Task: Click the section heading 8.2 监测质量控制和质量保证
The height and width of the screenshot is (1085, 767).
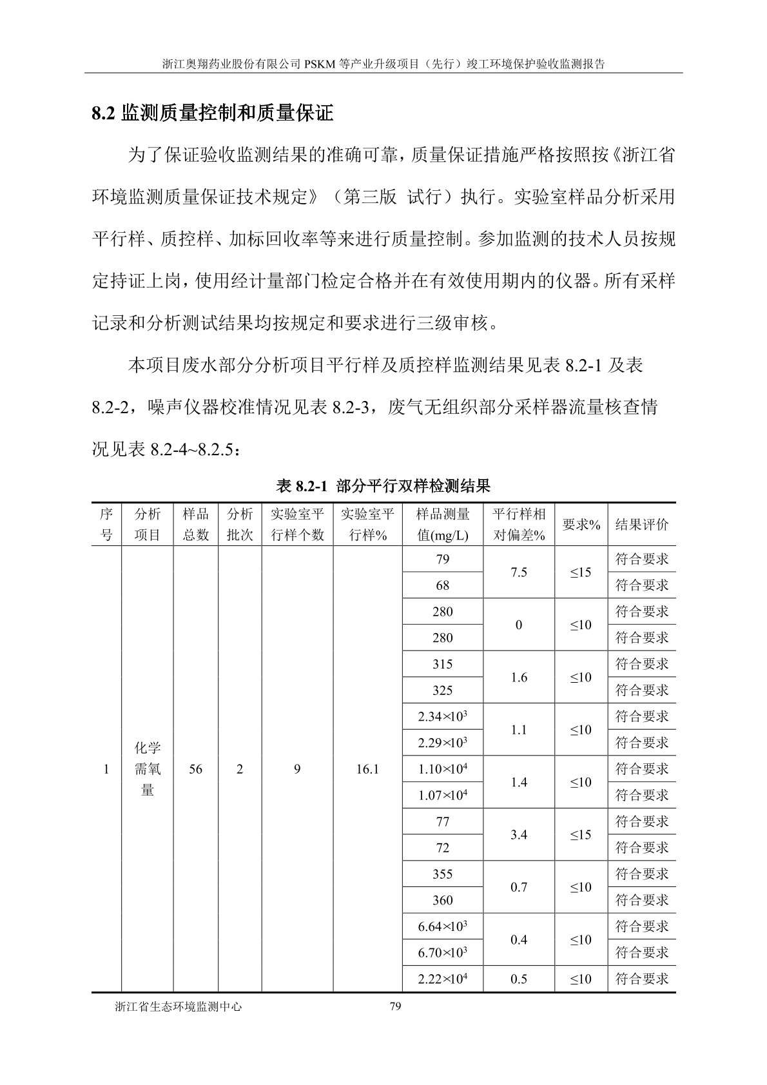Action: coord(213,114)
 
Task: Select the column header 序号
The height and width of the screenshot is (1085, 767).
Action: coord(106,524)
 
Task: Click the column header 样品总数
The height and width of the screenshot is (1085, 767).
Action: coord(195,524)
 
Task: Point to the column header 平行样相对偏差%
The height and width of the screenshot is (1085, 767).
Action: coord(519,524)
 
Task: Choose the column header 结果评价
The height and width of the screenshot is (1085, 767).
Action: coord(641,524)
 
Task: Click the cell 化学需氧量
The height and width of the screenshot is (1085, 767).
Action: coord(148,769)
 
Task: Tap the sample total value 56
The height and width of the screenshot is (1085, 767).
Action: coord(195,769)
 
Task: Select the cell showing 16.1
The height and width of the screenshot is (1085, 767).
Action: coord(367,769)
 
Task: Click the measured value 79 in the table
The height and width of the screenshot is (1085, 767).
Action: coord(442,560)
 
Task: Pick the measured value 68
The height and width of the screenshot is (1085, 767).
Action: coord(442,586)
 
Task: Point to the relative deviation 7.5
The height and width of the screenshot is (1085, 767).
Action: coord(519,572)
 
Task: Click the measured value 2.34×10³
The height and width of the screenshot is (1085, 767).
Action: coord(442,717)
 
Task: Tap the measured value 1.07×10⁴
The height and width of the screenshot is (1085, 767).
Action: coord(442,796)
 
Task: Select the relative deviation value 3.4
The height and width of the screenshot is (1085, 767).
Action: coord(519,835)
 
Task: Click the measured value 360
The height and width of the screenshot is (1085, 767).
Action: coord(442,901)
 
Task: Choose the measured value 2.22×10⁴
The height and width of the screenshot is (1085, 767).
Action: coord(442,979)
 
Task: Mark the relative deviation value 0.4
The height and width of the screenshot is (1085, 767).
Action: coord(519,940)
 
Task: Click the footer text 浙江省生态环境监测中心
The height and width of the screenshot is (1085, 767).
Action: coord(178,1007)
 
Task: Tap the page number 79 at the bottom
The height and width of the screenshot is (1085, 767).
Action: coord(396,1007)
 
